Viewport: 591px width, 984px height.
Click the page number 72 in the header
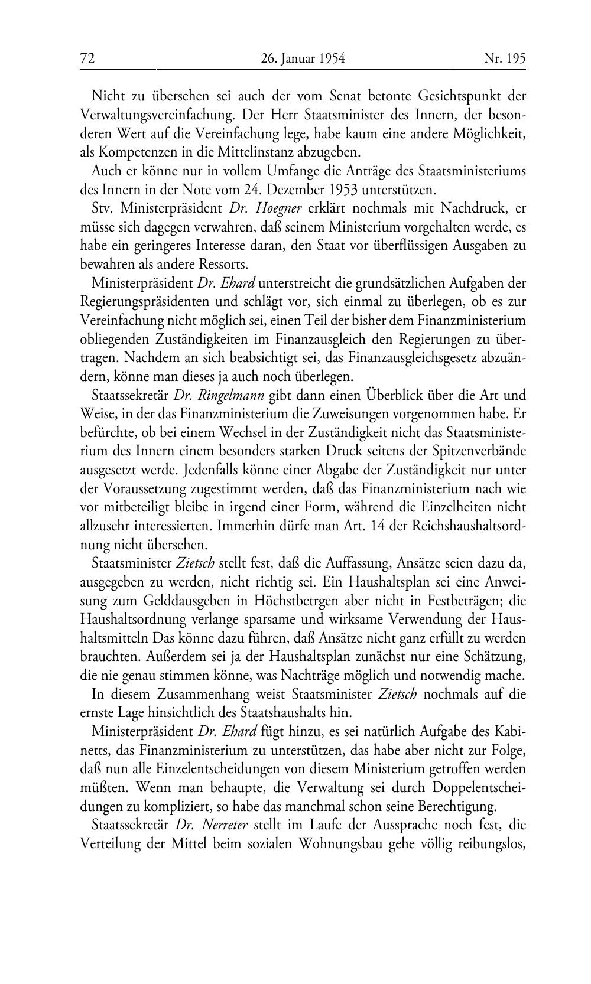click(87, 58)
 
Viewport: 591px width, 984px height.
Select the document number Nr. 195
click(504, 58)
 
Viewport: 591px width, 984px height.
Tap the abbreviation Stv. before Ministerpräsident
click(103, 208)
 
